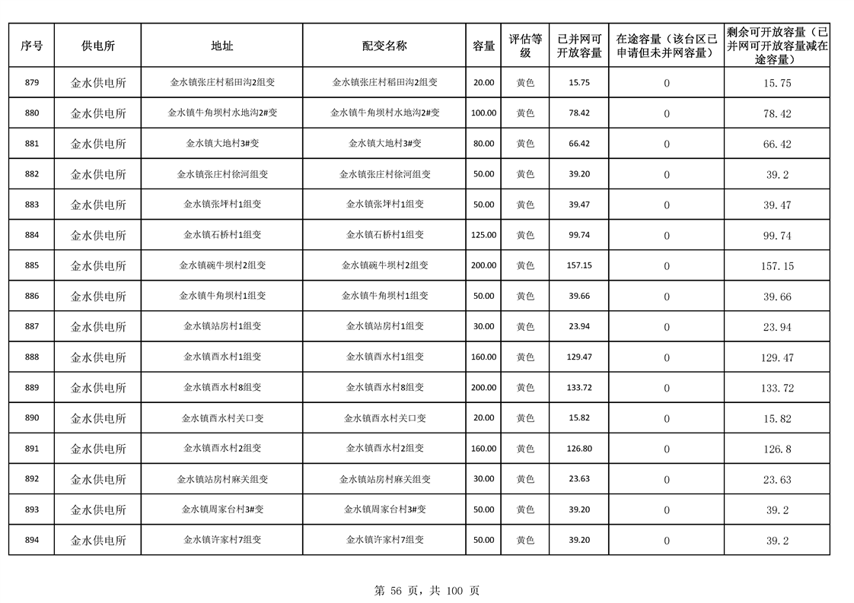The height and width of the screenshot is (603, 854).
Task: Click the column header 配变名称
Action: coord(384,46)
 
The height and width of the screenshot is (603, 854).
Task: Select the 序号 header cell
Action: coord(31,46)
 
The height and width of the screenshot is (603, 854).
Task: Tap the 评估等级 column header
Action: coord(525,46)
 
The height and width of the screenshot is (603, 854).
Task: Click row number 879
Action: coord(31,82)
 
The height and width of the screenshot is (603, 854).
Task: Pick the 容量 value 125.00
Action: coord(483,235)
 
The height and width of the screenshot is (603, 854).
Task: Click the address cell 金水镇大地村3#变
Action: coord(222,143)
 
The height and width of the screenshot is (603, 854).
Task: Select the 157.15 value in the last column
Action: coord(777,266)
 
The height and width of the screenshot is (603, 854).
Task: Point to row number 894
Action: coord(31,540)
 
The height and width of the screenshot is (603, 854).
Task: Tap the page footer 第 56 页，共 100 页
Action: coord(427,590)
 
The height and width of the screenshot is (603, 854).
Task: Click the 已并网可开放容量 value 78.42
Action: coord(579,113)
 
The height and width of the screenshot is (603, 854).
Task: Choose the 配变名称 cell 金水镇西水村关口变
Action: coord(384,418)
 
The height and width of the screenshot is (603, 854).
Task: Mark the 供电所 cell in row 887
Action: coord(98,327)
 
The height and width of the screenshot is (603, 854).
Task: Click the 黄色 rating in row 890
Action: coord(525,418)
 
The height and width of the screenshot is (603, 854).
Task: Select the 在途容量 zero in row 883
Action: coord(667,205)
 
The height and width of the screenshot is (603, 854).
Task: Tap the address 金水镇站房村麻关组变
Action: coord(222,479)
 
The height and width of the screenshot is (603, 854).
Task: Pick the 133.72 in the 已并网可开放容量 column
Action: coord(579,388)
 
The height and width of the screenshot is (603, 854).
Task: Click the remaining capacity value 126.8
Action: coord(777,449)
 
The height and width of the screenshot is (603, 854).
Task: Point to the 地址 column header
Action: coord(222,46)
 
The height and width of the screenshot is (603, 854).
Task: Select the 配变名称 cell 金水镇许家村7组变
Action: coord(384,540)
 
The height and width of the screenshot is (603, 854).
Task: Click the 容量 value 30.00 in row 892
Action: coord(483,479)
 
